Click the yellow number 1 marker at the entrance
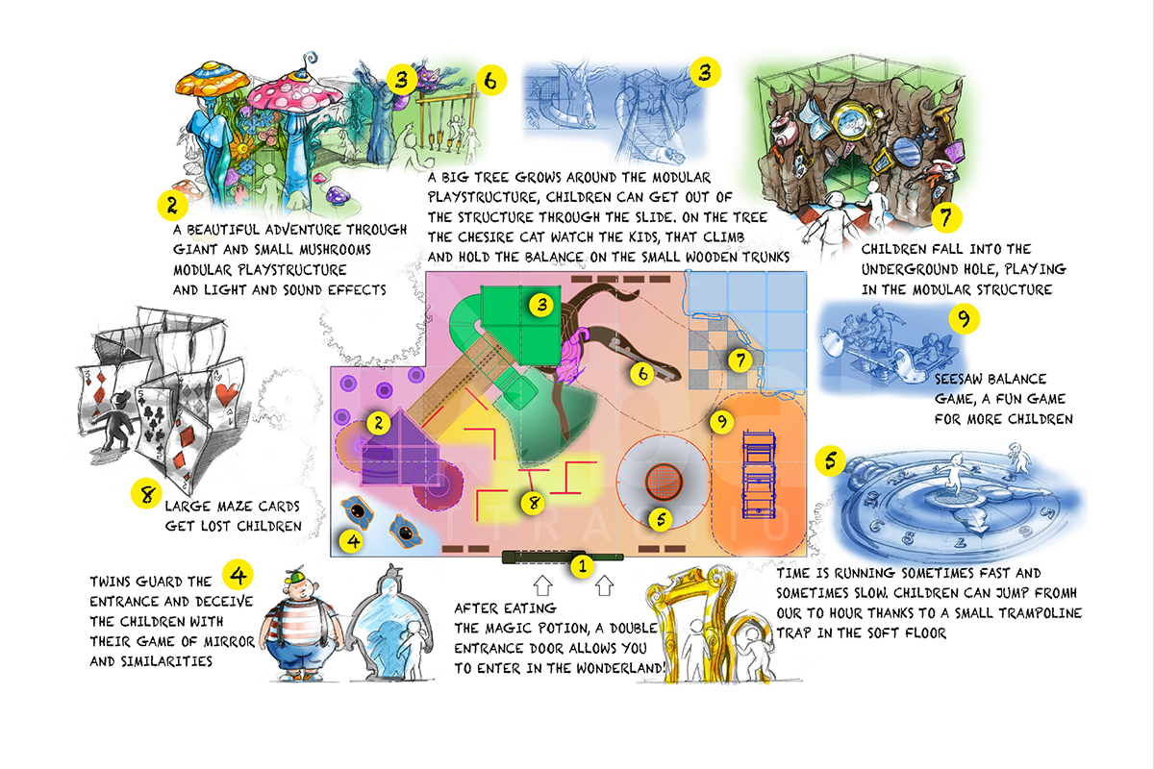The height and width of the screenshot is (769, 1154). (x=583, y=566)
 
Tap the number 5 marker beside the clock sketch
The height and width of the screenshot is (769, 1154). (x=831, y=459)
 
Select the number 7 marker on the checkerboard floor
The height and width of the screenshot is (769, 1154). (x=740, y=360)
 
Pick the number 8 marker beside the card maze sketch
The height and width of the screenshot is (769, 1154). (x=146, y=493)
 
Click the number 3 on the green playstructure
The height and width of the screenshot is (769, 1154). (x=541, y=305)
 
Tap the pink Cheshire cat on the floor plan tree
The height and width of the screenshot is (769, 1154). (x=573, y=355)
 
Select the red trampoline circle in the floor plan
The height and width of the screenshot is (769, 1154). (x=665, y=483)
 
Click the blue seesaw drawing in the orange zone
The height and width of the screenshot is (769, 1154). (x=759, y=475)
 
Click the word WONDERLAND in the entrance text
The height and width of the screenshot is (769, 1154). (x=619, y=668)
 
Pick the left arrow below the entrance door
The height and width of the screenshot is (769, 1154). (x=542, y=585)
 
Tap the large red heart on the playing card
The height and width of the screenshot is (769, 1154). (x=227, y=394)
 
